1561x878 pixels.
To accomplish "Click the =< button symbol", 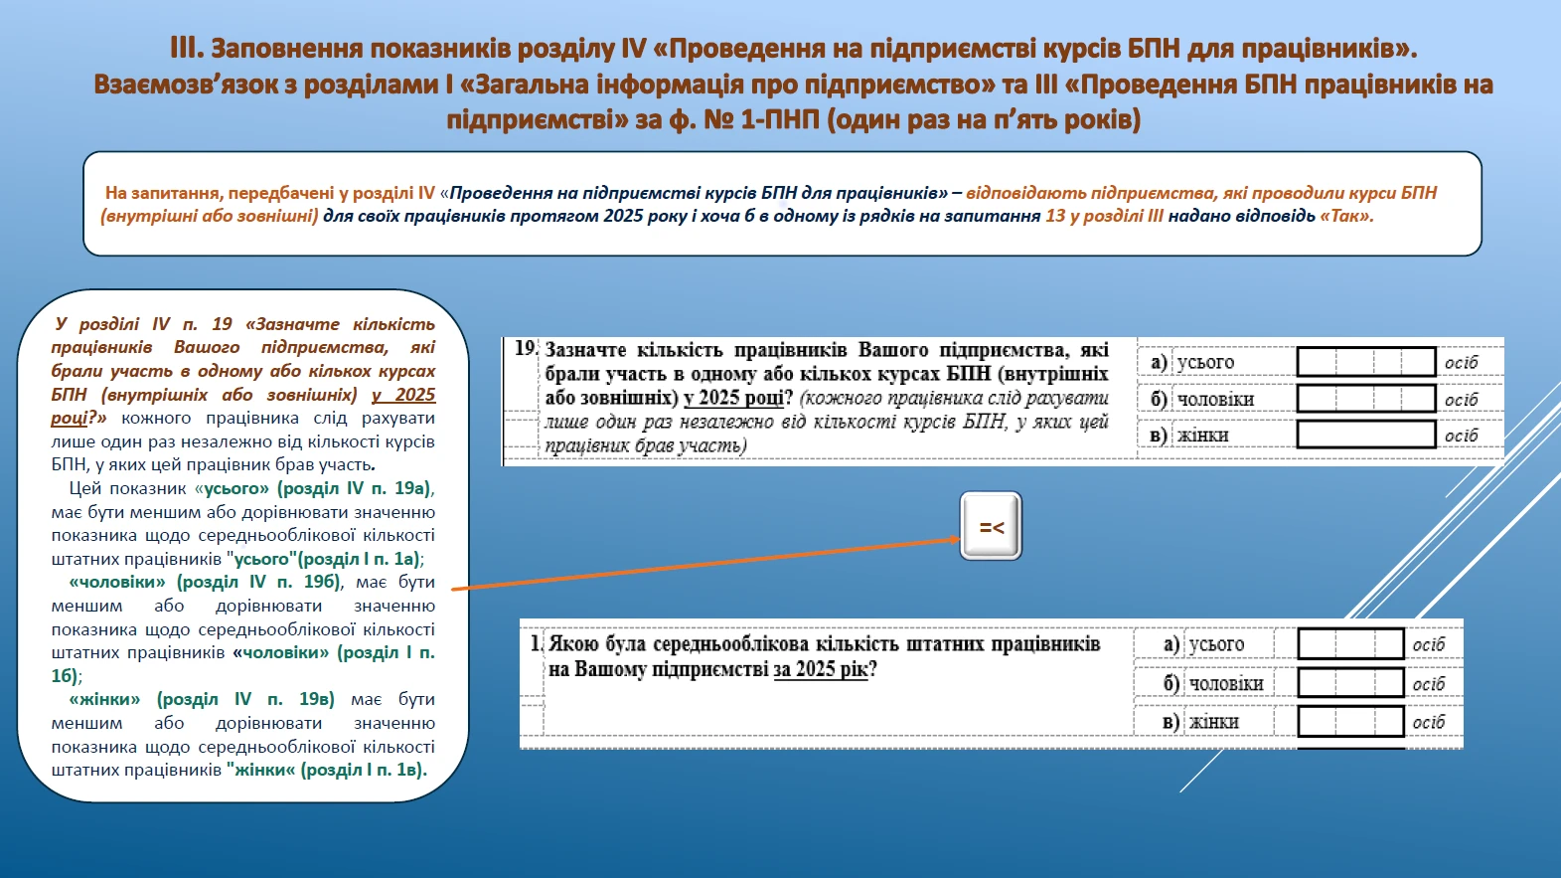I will [x=991, y=527].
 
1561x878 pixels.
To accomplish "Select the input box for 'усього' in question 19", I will [x=1366, y=362].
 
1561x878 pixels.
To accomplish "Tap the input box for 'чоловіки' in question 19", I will [x=1366, y=399].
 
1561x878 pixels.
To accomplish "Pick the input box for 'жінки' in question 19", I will [x=1366, y=435].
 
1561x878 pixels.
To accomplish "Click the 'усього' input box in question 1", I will [x=1350, y=644].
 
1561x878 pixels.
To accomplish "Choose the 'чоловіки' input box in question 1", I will [x=1350, y=683].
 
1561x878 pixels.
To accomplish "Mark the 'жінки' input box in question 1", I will [x=1350, y=721].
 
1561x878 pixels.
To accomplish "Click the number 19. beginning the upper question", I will [x=526, y=349].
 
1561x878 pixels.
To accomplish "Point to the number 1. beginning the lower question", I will [x=536, y=643].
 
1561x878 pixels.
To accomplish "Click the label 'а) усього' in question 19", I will [x=1192, y=362].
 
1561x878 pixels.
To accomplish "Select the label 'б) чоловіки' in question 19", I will [x=1202, y=399].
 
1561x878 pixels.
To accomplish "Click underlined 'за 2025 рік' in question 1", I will [x=821, y=669].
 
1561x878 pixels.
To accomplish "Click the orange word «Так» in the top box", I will [x=1346, y=216].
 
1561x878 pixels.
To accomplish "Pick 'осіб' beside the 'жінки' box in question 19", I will [x=1461, y=436].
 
